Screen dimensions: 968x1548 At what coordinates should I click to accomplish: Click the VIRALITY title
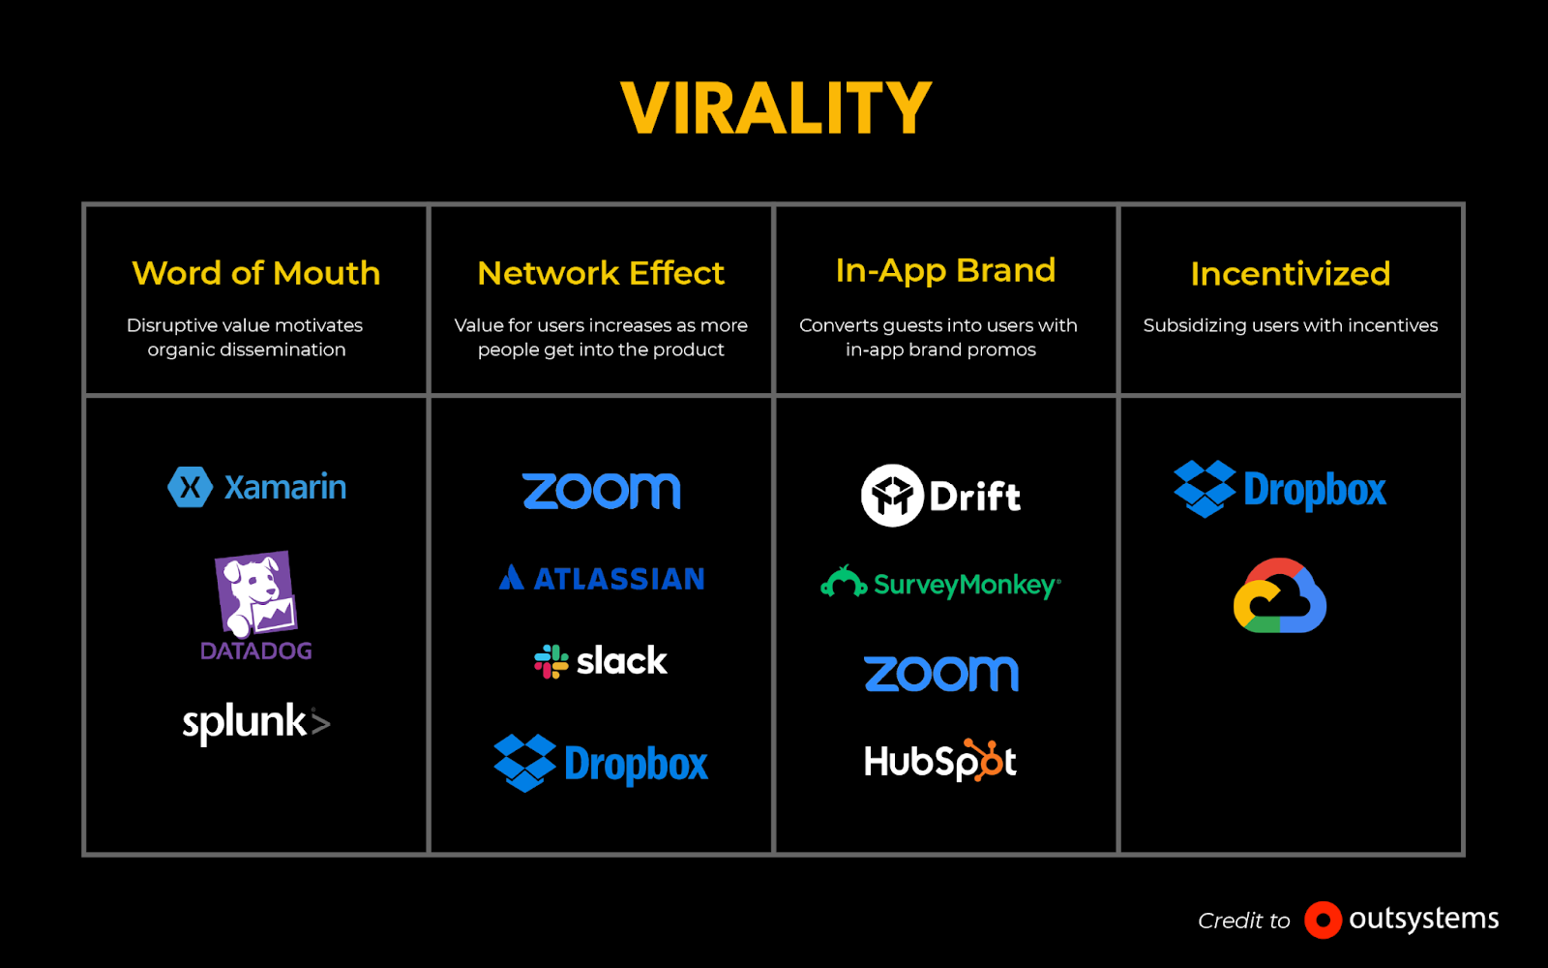776,107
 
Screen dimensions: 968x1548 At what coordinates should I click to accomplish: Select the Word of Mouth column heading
256,273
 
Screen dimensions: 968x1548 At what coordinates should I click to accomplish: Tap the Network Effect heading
601,273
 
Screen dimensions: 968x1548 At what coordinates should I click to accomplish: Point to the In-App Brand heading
945,270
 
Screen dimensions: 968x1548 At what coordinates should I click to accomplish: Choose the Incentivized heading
1290,274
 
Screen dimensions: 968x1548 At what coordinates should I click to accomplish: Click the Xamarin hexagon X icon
190,487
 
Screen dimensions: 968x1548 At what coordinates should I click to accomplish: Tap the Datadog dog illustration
254,592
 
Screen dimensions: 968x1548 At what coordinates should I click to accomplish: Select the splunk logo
256,722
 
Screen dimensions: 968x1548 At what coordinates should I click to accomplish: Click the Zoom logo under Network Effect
601,491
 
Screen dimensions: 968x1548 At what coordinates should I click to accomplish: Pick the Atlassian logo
602,579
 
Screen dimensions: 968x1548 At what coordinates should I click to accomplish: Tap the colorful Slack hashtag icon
551,661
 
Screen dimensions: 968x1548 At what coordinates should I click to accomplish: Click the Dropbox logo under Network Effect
601,764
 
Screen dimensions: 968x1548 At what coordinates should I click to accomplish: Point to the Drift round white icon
892,496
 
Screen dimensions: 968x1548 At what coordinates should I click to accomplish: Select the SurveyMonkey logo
940,584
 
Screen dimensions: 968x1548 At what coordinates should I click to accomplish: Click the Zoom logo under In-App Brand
941,674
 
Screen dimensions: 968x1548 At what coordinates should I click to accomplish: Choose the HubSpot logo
940,762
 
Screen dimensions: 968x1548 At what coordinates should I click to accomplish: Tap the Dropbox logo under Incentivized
1280,490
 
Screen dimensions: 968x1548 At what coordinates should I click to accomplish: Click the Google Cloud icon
1279,596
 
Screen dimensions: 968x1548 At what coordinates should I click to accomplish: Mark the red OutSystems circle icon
1323,920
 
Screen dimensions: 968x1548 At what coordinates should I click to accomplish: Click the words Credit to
1244,921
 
